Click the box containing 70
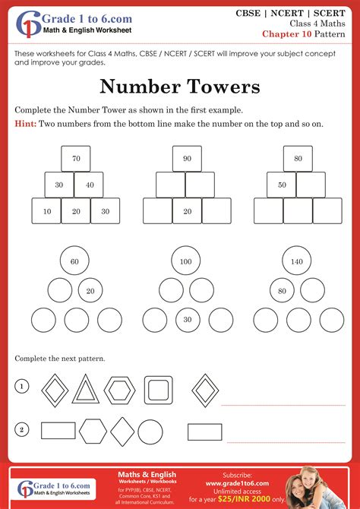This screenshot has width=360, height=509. click(x=76, y=159)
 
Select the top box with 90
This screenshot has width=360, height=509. click(x=187, y=159)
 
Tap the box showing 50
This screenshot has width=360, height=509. click(x=282, y=185)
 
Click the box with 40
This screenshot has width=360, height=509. click(x=89, y=185)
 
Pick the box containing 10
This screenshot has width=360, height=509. click(x=46, y=211)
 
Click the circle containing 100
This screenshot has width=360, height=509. click(x=185, y=261)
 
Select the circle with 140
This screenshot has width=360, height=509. click(x=297, y=261)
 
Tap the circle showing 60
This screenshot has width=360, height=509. click(x=74, y=261)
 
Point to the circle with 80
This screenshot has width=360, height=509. click(x=283, y=290)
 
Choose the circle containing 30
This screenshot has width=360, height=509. click(x=188, y=320)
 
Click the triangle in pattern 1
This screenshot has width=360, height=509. click(x=85, y=389)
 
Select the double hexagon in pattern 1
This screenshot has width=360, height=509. click(x=119, y=390)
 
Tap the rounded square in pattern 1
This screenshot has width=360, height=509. click(x=158, y=390)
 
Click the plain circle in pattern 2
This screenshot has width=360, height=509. click(x=150, y=432)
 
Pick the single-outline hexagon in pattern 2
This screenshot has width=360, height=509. click(x=93, y=431)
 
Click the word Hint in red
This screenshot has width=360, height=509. click(x=25, y=124)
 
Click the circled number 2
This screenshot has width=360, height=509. click(x=22, y=431)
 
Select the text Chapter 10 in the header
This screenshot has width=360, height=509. click(x=286, y=33)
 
